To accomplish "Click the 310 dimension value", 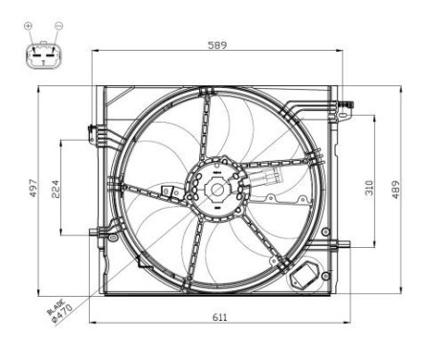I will pyautogui.click(x=369, y=187).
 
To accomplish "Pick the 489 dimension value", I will pyautogui.click(x=393, y=190).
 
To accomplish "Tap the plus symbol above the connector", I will pyautogui.click(x=28, y=26).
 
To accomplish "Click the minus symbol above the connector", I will pyautogui.click(x=57, y=26).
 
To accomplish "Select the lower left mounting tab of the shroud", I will pyautogui.click(x=95, y=232).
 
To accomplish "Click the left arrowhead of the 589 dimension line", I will pyautogui.click(x=95, y=53).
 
